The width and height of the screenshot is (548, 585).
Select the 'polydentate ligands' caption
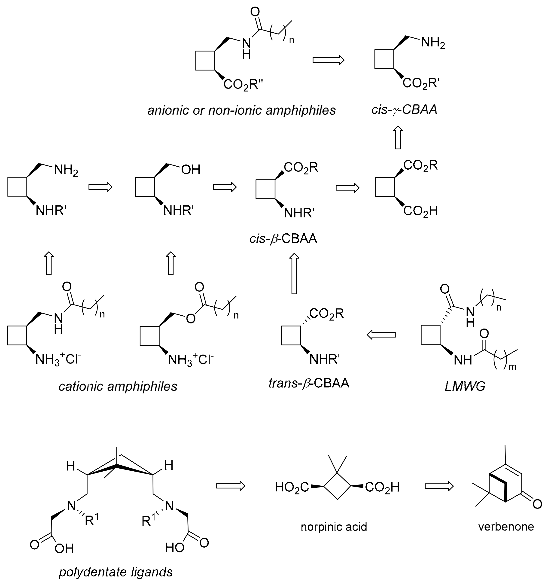[x=116, y=572]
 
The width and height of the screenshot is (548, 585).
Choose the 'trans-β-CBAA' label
[x=309, y=383]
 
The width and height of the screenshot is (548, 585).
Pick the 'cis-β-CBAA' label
[x=283, y=238]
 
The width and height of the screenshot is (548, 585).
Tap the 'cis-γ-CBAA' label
[x=404, y=110]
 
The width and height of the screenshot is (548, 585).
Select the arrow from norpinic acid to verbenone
[x=439, y=486]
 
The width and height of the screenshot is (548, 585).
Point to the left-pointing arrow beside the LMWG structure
[x=381, y=335]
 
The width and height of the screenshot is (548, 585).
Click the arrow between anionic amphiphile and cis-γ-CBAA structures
[x=328, y=60]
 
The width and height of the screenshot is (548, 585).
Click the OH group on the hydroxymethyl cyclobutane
[x=191, y=170]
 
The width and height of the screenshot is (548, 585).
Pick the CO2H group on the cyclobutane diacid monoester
[x=420, y=211]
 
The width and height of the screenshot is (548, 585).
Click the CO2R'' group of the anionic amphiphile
[x=243, y=85]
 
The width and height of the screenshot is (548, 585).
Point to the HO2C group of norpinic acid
[x=292, y=487]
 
